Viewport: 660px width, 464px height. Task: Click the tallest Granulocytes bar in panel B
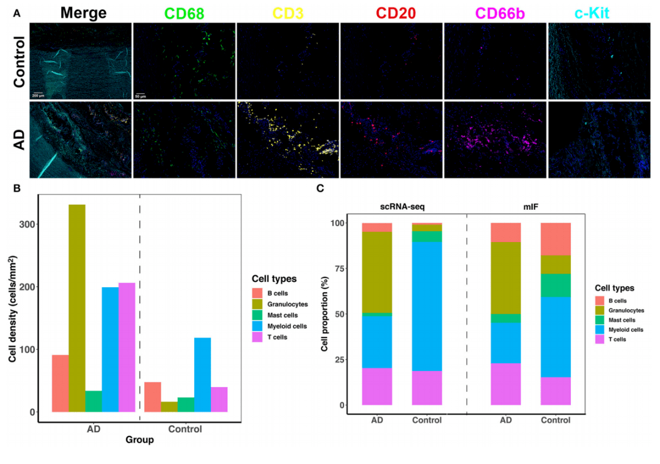click(x=77, y=308)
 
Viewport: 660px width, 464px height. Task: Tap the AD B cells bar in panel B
click(x=60, y=383)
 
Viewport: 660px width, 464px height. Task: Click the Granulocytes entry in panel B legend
click(x=289, y=304)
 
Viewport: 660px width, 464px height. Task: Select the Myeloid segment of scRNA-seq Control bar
click(x=427, y=306)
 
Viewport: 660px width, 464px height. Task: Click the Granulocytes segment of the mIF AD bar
click(x=506, y=278)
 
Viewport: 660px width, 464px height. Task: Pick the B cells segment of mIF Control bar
click(x=555, y=239)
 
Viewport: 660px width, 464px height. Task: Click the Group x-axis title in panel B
click(x=139, y=440)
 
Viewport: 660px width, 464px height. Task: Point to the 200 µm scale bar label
click(x=38, y=95)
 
